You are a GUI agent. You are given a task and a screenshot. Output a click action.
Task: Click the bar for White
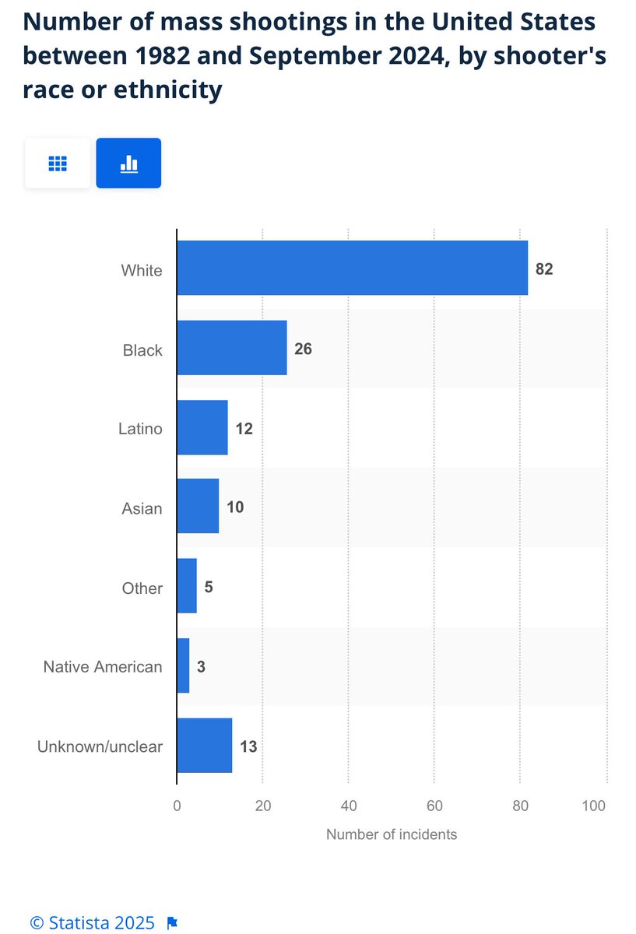(352, 268)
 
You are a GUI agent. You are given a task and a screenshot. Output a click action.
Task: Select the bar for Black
(231, 348)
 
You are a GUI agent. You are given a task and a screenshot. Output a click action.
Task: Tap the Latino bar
(202, 427)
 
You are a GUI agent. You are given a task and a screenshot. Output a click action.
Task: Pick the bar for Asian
(198, 507)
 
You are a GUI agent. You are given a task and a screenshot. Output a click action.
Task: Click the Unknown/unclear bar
(204, 746)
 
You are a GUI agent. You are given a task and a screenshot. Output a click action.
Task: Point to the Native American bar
(183, 665)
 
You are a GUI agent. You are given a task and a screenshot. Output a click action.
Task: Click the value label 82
(544, 270)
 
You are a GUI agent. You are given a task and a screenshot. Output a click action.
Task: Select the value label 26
(303, 349)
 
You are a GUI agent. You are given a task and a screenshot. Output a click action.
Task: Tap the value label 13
(248, 747)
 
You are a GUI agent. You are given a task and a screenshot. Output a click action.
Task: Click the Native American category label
(103, 667)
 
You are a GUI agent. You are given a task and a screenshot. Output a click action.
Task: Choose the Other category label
(142, 588)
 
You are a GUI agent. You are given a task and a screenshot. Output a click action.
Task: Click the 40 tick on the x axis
(348, 806)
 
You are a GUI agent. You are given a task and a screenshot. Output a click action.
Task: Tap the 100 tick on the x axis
(594, 806)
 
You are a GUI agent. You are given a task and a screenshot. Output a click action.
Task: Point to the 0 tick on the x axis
(177, 806)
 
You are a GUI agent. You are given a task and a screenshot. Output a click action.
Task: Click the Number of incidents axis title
(392, 834)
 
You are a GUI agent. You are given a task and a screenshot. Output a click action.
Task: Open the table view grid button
(58, 163)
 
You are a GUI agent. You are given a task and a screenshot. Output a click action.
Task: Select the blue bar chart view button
(128, 163)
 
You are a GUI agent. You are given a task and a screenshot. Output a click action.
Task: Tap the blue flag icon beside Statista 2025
(173, 923)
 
